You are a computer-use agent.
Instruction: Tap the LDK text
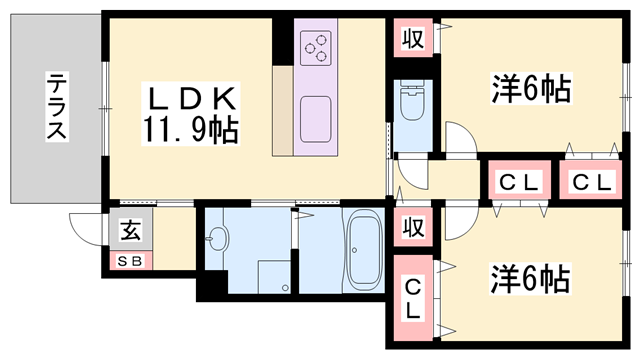click(192, 99)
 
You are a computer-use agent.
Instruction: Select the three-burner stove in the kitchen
click(318, 44)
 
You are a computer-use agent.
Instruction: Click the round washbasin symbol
click(217, 238)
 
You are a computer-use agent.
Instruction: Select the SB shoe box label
click(130, 262)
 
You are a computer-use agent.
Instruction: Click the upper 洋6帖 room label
click(530, 91)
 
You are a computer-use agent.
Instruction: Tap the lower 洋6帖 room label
click(530, 276)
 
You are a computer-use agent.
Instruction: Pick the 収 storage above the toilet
click(411, 40)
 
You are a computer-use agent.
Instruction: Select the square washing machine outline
click(273, 276)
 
